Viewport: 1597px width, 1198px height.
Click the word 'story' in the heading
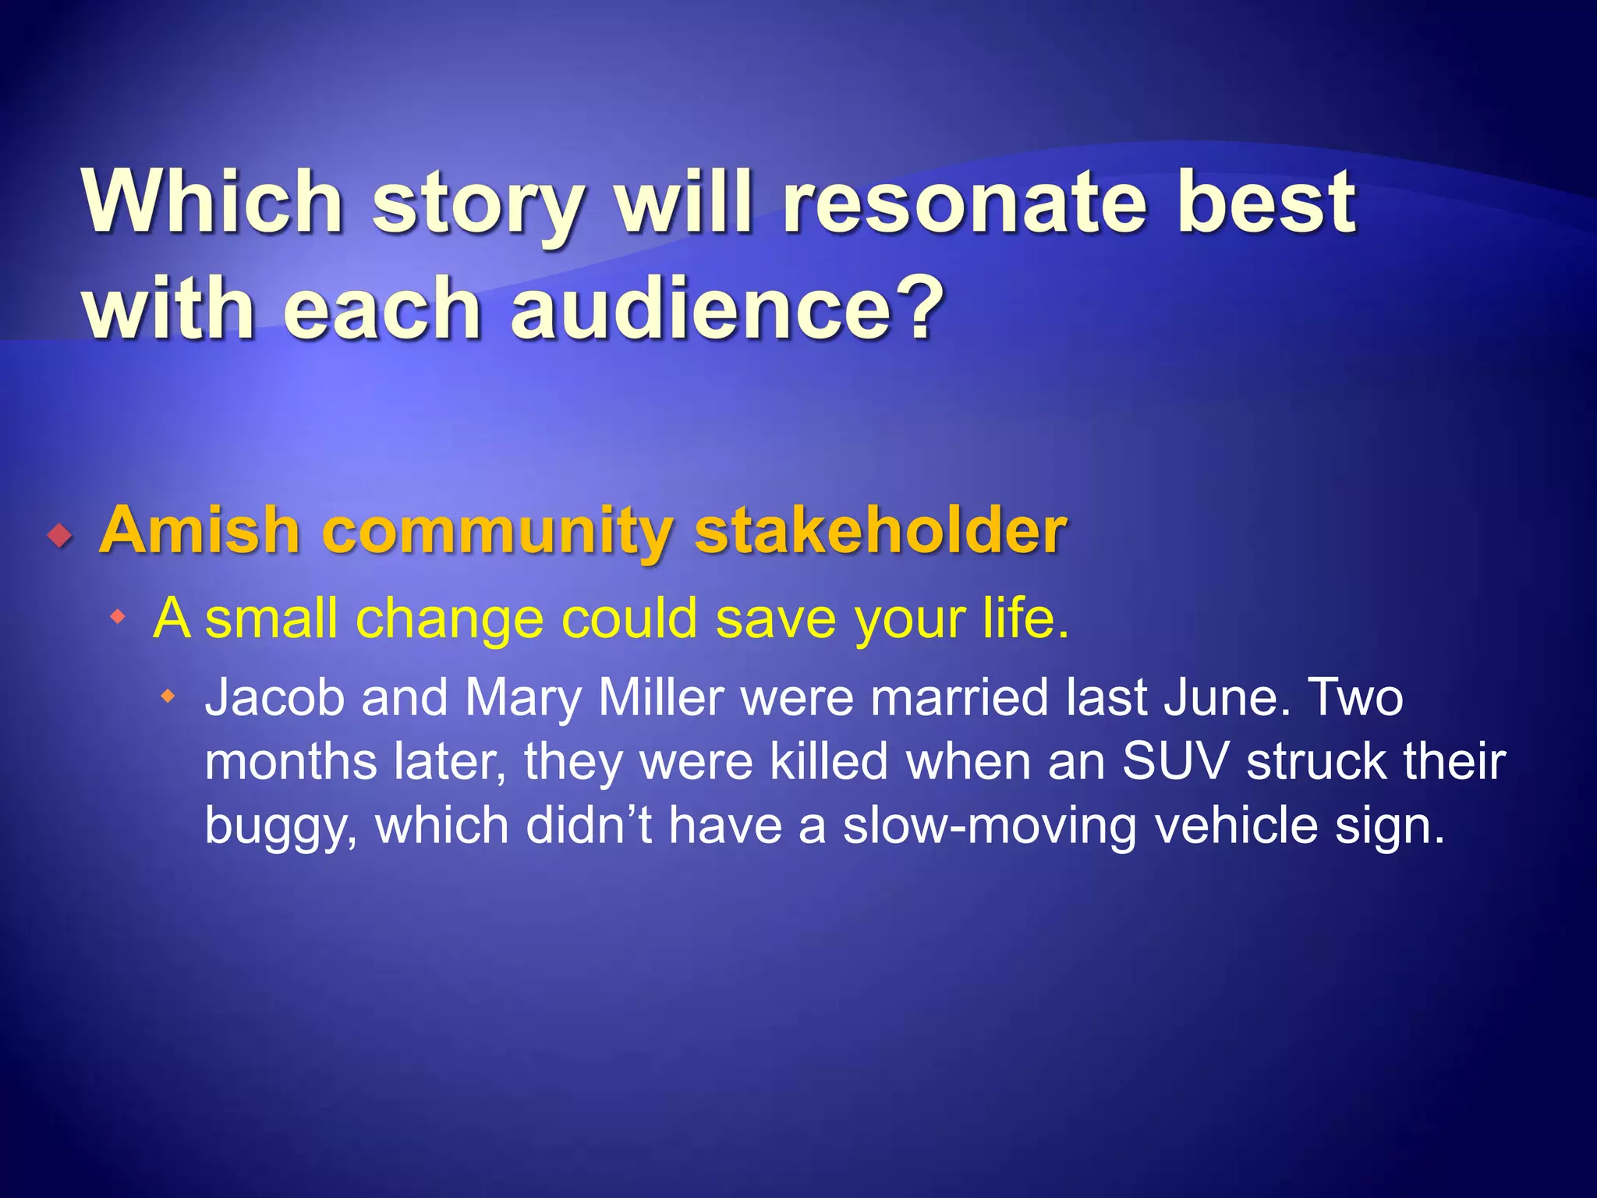click(x=477, y=204)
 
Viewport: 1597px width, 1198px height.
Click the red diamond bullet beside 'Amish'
click(x=59, y=536)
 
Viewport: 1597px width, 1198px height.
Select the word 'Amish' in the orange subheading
click(x=200, y=530)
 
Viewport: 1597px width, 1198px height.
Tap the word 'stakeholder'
click(x=880, y=530)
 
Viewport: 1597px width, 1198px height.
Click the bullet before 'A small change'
click(x=118, y=618)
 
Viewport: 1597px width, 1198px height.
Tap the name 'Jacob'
click(x=274, y=697)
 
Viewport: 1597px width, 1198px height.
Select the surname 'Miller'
click(x=661, y=697)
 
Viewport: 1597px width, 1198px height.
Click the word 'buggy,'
click(x=282, y=827)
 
